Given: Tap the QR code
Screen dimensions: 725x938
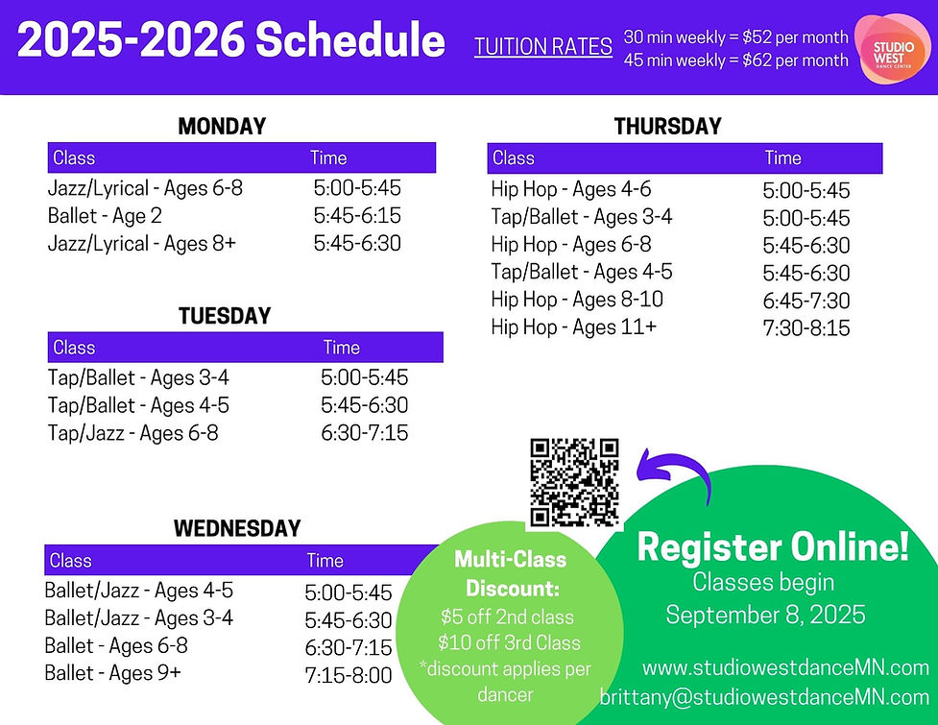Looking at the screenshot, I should (x=574, y=482).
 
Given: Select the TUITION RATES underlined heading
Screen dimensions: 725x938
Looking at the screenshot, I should (x=543, y=47).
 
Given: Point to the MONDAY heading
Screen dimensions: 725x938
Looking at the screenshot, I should (x=222, y=127).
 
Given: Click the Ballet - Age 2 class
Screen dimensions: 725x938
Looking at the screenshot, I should (x=105, y=216).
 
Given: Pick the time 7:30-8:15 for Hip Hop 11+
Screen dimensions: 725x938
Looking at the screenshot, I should (x=806, y=328).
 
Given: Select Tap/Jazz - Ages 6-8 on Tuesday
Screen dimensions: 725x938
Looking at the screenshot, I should (x=132, y=433).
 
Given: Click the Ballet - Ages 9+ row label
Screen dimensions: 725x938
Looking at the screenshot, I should (x=112, y=673).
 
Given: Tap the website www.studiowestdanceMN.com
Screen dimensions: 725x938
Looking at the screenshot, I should (x=785, y=667).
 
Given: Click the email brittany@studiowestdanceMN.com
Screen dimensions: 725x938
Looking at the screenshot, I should (x=764, y=696).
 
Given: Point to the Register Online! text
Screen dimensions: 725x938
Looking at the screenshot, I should (x=772, y=547).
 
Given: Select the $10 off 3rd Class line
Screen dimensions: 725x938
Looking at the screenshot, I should (x=509, y=642).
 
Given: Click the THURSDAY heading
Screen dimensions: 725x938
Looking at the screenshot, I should (x=667, y=127).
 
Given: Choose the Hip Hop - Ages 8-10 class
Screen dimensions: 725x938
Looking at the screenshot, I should (x=576, y=300).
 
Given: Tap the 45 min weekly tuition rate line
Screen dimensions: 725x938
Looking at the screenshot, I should (x=735, y=60).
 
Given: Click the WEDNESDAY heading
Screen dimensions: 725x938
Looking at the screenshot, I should (x=237, y=528).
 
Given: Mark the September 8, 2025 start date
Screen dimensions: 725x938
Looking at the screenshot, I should (x=765, y=615).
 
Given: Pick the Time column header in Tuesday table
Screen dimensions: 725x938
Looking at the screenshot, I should (x=341, y=348).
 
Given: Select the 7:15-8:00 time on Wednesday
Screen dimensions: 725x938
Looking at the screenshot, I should (x=349, y=675).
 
